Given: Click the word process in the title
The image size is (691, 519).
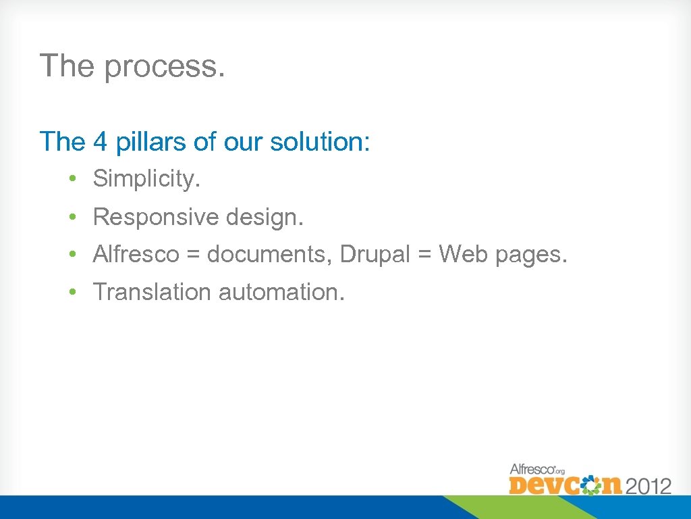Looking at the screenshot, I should (164, 67).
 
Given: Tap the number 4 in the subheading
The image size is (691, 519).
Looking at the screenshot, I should (100, 142).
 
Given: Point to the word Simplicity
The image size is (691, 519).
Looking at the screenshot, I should (147, 178).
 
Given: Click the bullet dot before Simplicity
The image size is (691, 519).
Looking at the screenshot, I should (71, 179).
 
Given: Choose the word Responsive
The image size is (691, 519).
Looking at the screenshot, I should (156, 217).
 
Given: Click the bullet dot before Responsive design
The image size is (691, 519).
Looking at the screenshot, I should (71, 218).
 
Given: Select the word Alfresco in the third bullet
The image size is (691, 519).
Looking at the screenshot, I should (136, 254).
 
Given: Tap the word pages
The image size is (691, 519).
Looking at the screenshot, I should (532, 255).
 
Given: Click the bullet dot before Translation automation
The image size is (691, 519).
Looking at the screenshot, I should (71, 293).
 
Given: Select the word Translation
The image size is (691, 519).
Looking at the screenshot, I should (152, 292).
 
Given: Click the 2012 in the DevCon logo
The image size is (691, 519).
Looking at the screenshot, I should (648, 485).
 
